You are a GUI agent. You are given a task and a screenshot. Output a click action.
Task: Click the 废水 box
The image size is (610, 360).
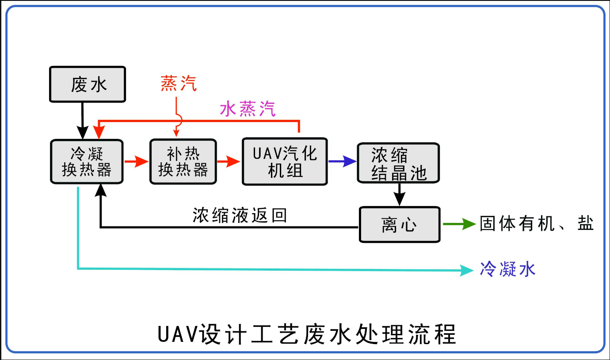[x=88, y=84]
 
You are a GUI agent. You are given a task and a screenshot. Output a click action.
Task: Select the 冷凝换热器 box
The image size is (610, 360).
[x=87, y=161]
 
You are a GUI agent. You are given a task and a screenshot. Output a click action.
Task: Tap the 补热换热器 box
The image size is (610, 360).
[x=183, y=161]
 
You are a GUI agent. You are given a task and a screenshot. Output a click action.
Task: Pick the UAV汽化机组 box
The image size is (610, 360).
[x=285, y=161]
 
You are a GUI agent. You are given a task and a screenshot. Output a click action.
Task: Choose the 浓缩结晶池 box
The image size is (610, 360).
[x=398, y=163]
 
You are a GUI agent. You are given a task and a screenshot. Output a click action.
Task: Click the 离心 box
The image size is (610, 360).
[x=400, y=225]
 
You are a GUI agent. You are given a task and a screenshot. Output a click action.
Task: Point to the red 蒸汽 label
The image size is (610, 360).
[x=179, y=84]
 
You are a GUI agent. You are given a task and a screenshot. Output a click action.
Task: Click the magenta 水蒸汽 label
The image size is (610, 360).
[x=248, y=109]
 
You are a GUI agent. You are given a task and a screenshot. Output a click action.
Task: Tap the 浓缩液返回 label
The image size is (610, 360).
[x=240, y=215]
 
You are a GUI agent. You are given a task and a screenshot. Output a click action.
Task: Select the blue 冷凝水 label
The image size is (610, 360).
[x=507, y=269]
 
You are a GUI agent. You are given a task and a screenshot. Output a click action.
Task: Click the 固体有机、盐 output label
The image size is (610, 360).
[x=537, y=223]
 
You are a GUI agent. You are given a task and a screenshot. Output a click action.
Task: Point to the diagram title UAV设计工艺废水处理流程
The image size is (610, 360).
[x=307, y=334]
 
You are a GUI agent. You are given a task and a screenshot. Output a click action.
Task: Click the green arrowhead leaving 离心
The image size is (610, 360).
[x=469, y=224]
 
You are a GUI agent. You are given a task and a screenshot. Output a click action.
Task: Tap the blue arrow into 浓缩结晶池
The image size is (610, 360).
[x=343, y=161]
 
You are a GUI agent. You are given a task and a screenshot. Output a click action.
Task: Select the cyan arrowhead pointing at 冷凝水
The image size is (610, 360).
[x=467, y=270]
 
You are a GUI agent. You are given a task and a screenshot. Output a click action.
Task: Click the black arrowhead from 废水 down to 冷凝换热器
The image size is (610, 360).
[x=83, y=133]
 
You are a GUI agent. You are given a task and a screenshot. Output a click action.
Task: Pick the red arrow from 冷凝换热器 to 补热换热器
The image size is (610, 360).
[x=137, y=161]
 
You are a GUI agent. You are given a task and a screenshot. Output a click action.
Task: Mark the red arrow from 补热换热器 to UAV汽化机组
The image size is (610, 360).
[x=229, y=161]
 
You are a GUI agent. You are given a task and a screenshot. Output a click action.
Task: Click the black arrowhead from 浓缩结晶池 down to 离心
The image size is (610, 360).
[x=400, y=199]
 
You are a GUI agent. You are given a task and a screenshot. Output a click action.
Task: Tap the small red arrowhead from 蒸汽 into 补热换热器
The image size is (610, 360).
[x=176, y=133]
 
